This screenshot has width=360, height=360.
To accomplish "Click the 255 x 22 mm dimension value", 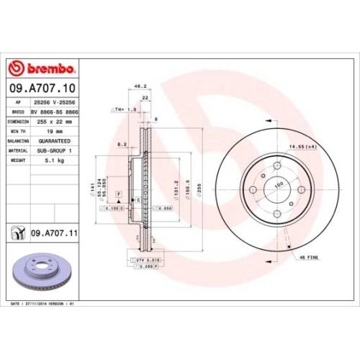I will tap(51, 122).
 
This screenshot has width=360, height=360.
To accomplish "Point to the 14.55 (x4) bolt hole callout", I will tap(302, 147).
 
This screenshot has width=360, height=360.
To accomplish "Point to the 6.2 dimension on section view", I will tap(123, 145).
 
